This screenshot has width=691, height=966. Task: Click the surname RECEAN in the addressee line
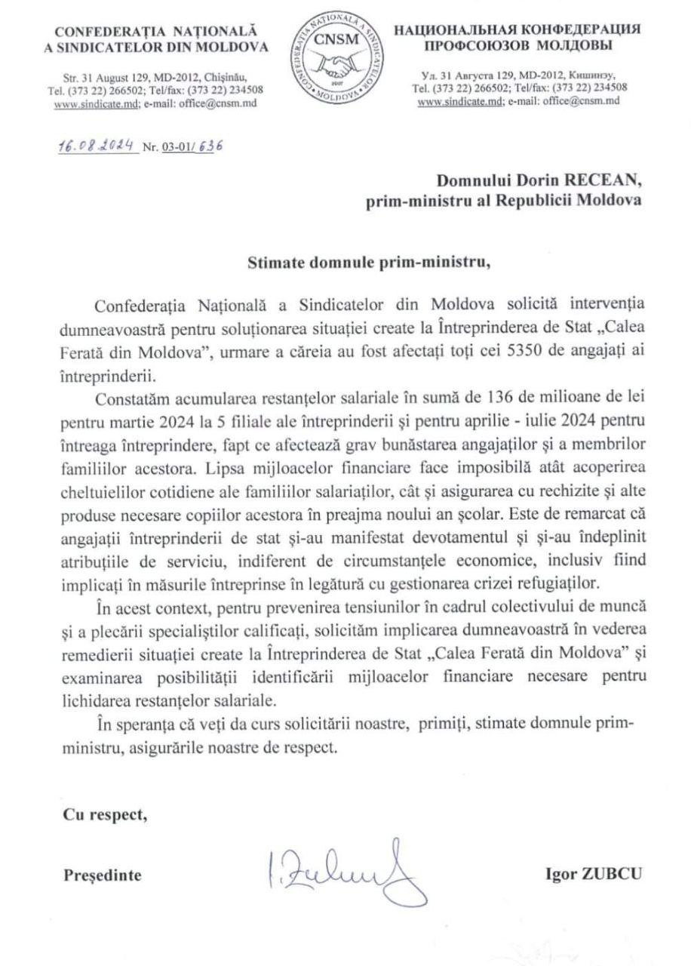pos(601,180)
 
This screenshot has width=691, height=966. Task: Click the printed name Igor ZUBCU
pos(594,875)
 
